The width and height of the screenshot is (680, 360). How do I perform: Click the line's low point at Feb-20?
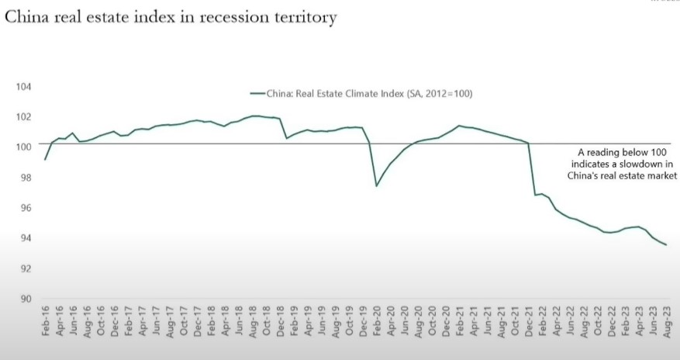(376, 185)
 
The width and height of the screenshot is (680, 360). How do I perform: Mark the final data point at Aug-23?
(666, 245)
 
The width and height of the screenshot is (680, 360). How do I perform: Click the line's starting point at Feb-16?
(46, 159)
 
